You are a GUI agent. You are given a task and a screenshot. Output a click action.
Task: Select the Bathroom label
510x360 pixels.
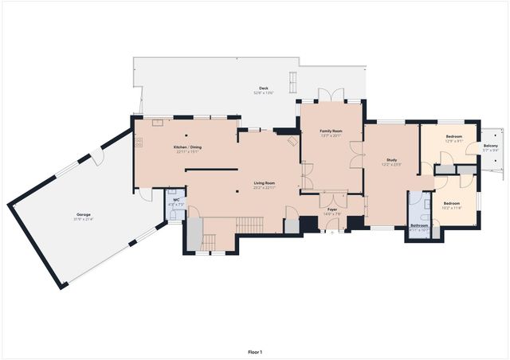coord(419,226)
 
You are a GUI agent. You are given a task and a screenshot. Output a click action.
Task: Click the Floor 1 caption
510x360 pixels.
coord(254,351)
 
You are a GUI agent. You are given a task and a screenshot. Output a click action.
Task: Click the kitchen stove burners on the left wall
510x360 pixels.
coord(139,143)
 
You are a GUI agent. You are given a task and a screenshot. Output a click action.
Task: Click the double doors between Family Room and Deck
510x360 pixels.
coord(331,96)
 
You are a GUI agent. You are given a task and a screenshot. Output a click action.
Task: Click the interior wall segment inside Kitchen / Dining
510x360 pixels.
coord(210,169)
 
